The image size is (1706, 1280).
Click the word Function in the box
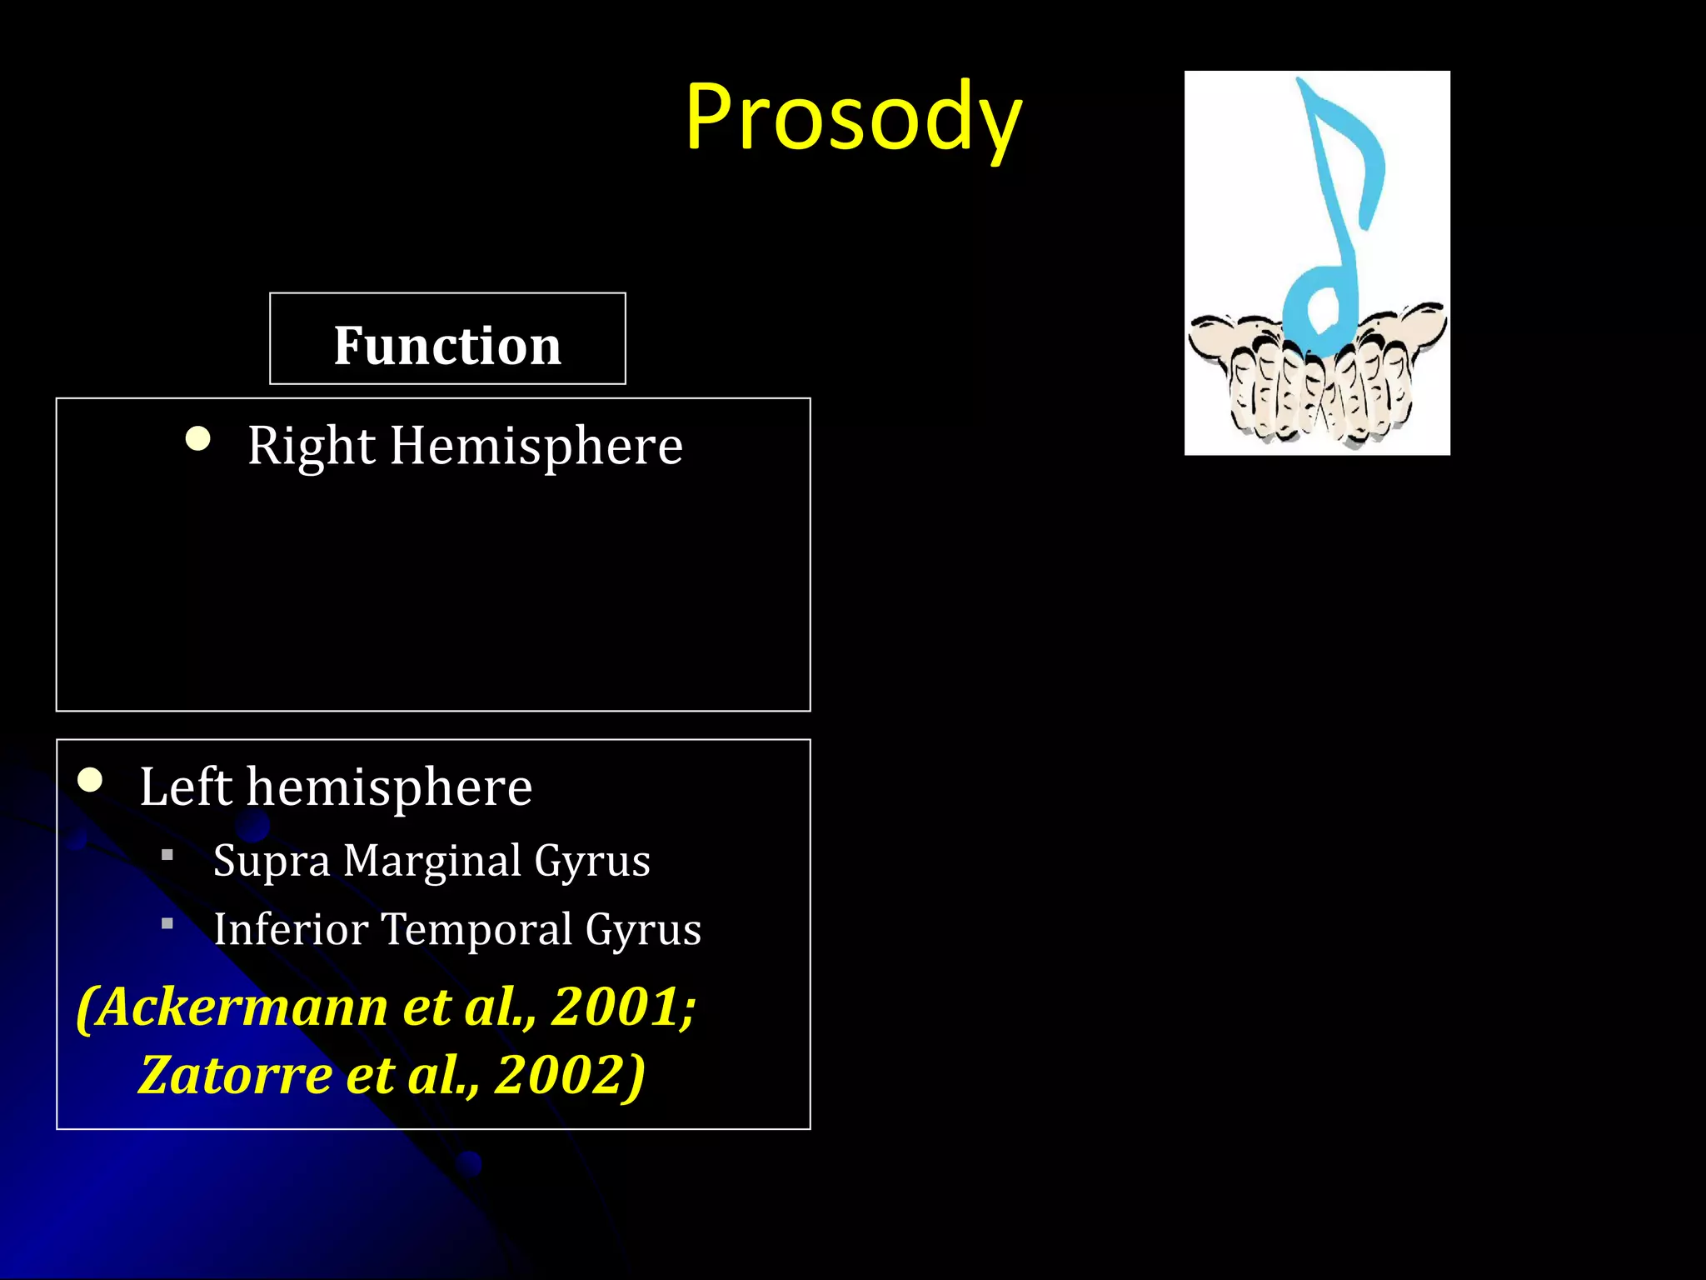click(x=447, y=345)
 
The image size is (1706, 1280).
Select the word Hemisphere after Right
click(x=536, y=446)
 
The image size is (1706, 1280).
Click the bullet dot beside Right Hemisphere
click(x=198, y=438)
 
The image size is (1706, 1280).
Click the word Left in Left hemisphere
click(x=185, y=787)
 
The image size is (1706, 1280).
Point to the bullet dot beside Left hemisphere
click(x=90, y=780)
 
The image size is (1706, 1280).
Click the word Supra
click(x=271, y=862)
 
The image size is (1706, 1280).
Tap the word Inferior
click(x=290, y=929)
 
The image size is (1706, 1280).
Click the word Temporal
click(x=476, y=929)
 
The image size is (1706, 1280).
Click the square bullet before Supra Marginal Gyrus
click(x=167, y=854)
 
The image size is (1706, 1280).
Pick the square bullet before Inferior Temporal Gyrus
click(x=167, y=923)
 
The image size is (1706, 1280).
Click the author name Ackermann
click(x=242, y=1007)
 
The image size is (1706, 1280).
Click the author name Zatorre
click(x=235, y=1075)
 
